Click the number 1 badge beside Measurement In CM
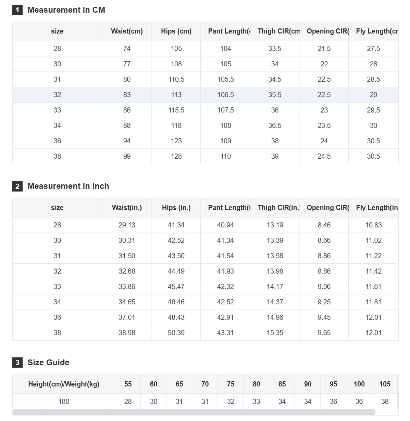coord(17,10)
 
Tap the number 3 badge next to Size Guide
coord(17,363)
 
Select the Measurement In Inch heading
coord(68,186)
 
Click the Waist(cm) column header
coord(127,31)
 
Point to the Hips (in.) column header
coord(176,208)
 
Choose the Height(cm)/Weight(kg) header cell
coord(64,384)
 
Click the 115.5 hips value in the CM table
coord(176,110)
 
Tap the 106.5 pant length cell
coord(226,95)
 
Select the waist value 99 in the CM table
coord(127,156)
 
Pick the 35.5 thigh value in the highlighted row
coord(275,95)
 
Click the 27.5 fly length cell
coord(373,49)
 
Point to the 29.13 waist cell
coord(127,225)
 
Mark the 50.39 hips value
coord(176,333)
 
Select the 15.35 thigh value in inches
coord(275,333)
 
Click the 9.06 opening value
coord(324,287)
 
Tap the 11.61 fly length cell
coord(373,287)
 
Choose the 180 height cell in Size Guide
coord(64,402)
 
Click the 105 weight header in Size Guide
coord(385,384)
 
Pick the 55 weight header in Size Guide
coord(128,384)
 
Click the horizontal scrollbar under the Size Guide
coord(194,412)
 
